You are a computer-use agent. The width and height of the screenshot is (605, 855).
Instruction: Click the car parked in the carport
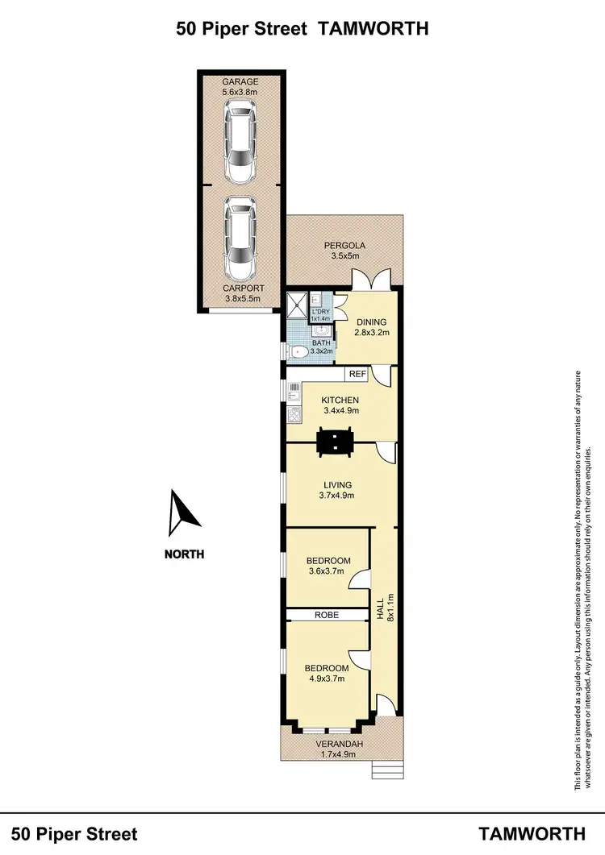(x=240, y=237)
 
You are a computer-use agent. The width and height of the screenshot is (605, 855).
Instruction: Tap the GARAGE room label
(x=240, y=82)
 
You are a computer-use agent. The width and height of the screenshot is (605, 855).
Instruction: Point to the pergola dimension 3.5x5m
(x=344, y=256)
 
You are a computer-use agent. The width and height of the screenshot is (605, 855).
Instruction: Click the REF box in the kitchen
(x=357, y=374)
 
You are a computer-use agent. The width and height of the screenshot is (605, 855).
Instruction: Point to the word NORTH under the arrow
(x=184, y=554)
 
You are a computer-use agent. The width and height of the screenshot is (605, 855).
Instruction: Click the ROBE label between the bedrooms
(x=327, y=615)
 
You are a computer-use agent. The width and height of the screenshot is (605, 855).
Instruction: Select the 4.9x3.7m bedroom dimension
(x=326, y=679)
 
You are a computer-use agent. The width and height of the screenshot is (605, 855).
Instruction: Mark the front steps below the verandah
(x=386, y=770)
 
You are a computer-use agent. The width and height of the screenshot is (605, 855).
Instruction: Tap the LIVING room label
(x=338, y=484)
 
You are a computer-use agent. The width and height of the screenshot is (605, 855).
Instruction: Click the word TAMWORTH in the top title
(x=373, y=29)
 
